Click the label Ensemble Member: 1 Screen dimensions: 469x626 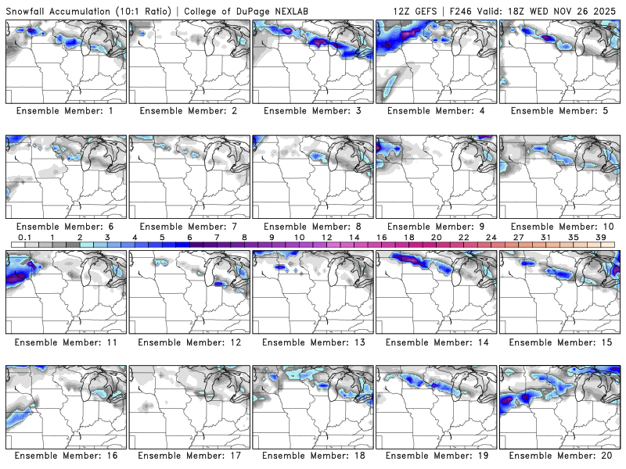click(x=67, y=111)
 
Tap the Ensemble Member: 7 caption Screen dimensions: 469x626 click(x=190, y=226)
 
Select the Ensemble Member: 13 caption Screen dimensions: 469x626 click(x=313, y=342)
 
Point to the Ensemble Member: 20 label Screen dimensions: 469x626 click(x=560, y=456)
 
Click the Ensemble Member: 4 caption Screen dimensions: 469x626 click(x=437, y=111)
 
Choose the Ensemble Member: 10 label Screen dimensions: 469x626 click(x=560, y=226)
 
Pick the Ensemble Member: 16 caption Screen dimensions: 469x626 click(x=67, y=456)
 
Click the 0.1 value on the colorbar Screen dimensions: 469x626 click(x=25, y=237)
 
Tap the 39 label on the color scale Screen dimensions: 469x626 click(x=601, y=237)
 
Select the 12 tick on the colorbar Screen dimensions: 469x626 click(x=326, y=237)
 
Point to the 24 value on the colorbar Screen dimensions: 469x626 click(x=491, y=237)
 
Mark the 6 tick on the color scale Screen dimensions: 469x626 click(x=189, y=237)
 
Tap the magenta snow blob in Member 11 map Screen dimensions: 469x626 click(x=22, y=273)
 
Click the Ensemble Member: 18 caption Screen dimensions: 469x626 click(x=313, y=456)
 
